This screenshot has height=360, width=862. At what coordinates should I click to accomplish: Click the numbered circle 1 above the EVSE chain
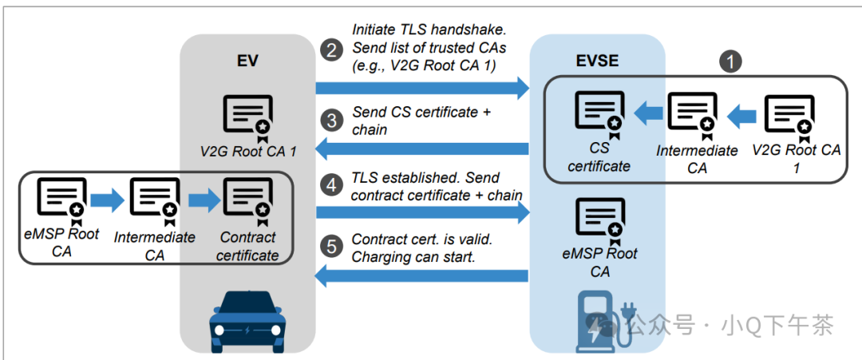(x=730, y=61)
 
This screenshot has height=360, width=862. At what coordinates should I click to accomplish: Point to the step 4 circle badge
(x=330, y=185)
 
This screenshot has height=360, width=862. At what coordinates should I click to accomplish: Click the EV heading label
(x=247, y=61)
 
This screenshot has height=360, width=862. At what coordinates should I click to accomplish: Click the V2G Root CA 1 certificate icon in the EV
(x=247, y=117)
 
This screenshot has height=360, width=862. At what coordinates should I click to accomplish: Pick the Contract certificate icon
(x=247, y=200)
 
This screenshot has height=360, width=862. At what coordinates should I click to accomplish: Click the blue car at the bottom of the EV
(x=247, y=323)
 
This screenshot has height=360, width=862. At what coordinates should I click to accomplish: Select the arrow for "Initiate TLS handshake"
(x=423, y=86)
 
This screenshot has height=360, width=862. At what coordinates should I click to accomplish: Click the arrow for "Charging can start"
(x=423, y=276)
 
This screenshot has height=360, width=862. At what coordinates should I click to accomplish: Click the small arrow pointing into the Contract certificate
(x=204, y=200)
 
